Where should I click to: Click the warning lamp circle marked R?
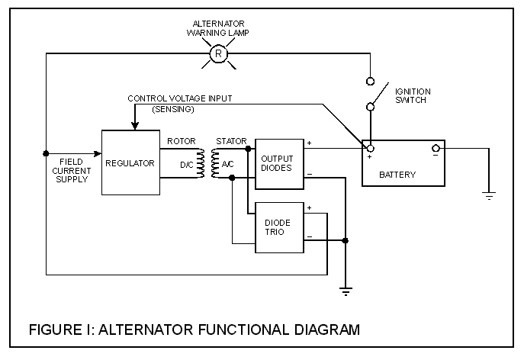(218, 53)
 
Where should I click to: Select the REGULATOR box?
(130, 162)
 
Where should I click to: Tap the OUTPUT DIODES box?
(277, 163)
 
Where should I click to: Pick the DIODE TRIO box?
(277, 227)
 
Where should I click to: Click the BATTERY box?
(403, 162)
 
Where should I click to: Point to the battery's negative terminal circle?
(436, 148)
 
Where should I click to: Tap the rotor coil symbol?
(201, 163)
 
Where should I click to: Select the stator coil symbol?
(214, 163)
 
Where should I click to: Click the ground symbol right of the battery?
(489, 196)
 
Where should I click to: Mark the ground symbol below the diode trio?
(346, 291)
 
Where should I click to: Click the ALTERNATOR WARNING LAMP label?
(218, 27)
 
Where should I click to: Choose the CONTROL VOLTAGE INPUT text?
(179, 98)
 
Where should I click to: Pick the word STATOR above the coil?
(231, 141)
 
